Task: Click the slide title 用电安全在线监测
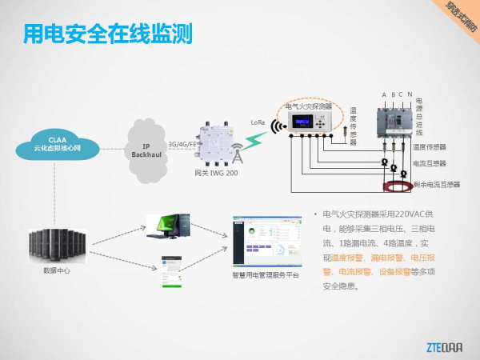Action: point(107,34)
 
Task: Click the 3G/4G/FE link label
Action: point(182,145)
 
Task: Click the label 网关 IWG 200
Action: point(216,173)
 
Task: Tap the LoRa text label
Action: point(258,122)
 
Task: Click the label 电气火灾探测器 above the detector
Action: point(308,106)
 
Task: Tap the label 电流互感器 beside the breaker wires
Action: point(430,164)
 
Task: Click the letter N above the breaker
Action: point(410,95)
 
